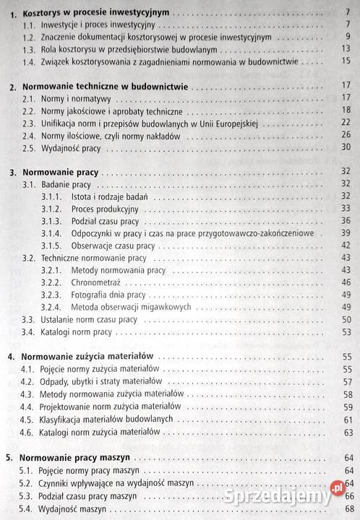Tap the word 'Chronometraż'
[x=98, y=282]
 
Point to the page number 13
[x=344, y=49]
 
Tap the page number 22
[x=345, y=122]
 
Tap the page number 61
[x=345, y=419]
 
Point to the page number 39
[x=345, y=233]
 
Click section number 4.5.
[x=27, y=419]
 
